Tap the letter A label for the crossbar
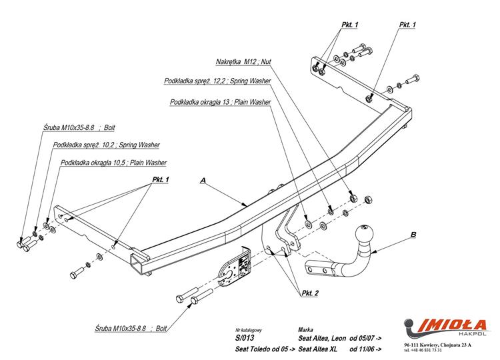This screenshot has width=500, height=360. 203,181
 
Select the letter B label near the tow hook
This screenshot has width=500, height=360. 413,235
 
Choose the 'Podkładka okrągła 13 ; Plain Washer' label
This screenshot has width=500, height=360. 220,102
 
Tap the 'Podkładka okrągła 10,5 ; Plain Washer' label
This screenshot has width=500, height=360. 113,162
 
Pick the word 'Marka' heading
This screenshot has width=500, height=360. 307,329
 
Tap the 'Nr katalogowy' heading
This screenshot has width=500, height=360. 250,329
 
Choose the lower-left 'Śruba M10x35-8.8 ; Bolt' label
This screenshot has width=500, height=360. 131,329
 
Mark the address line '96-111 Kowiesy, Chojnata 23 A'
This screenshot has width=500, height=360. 437,345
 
